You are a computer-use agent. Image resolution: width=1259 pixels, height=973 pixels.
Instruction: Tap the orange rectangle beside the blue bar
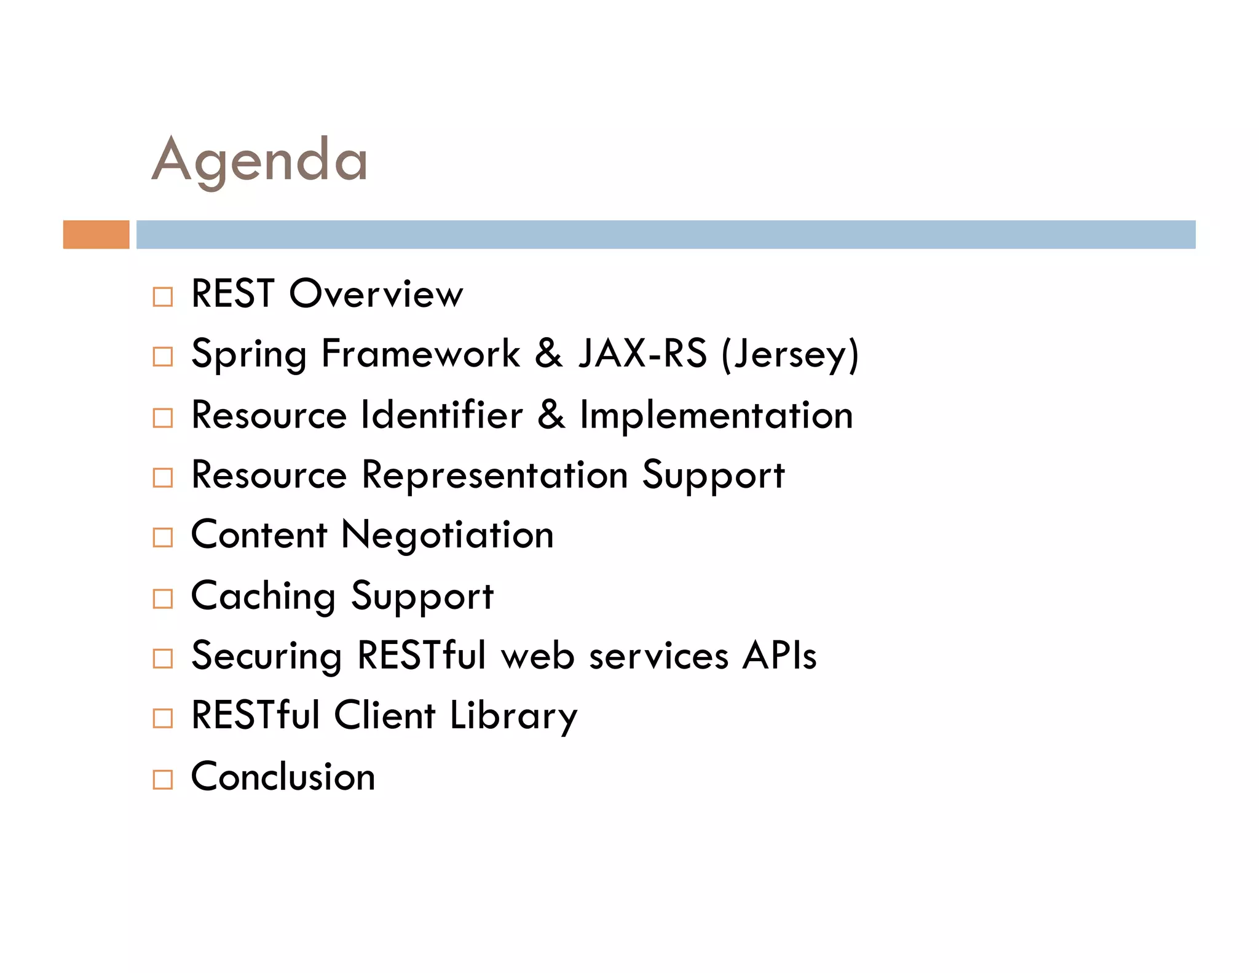(x=96, y=234)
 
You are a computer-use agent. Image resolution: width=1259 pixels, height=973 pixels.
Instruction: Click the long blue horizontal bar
(x=665, y=234)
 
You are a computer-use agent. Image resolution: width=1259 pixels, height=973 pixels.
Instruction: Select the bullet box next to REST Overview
(x=163, y=296)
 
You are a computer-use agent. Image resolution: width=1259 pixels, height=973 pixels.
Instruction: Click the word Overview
(x=376, y=293)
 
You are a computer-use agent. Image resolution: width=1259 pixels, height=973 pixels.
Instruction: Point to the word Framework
(x=420, y=354)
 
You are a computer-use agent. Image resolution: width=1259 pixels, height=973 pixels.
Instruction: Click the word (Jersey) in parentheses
(x=791, y=354)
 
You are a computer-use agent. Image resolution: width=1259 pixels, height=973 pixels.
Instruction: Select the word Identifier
(x=442, y=415)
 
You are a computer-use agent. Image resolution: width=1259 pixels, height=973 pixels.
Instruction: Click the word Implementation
(x=717, y=415)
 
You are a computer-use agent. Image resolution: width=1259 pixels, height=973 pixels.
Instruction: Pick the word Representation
(x=495, y=475)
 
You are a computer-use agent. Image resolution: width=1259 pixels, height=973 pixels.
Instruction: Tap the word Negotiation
(x=448, y=534)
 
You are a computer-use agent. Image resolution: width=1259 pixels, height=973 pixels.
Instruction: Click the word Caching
(x=263, y=596)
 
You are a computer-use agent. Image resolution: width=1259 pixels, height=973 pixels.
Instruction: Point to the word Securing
(x=266, y=655)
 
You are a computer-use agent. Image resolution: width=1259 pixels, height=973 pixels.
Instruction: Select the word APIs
(x=779, y=655)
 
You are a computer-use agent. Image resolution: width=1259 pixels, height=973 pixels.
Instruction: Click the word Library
(x=513, y=715)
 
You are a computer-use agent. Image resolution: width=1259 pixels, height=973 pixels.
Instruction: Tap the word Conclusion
(x=283, y=776)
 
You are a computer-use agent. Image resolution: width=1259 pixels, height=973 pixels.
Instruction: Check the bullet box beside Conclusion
(x=163, y=779)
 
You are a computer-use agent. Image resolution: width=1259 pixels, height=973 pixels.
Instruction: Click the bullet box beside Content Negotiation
(x=163, y=538)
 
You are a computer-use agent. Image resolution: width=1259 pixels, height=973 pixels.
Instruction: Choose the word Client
(x=385, y=715)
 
